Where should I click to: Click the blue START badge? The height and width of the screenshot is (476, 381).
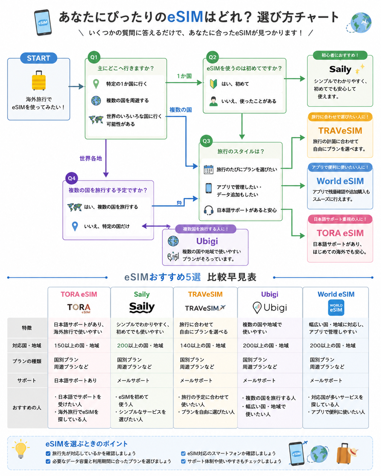[x=38, y=58]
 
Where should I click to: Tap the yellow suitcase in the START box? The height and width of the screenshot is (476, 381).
[x=39, y=80]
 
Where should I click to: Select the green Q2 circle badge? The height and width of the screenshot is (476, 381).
[x=213, y=57]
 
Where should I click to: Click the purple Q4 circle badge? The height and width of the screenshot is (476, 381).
[x=72, y=178]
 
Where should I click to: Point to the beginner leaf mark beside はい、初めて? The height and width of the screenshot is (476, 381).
[x=213, y=84]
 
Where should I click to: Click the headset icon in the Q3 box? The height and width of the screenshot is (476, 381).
[x=208, y=210]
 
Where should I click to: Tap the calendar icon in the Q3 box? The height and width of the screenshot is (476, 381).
[x=208, y=170]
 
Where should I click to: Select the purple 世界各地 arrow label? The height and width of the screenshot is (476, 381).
[x=91, y=158]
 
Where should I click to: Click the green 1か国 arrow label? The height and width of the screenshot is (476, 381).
[x=184, y=76]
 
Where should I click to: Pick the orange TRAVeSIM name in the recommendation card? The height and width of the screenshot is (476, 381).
[x=340, y=131]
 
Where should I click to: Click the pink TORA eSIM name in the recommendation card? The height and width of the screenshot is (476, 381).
[x=340, y=233]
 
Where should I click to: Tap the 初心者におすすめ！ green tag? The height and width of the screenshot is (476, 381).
[x=340, y=55]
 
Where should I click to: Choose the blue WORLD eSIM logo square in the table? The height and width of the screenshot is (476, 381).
[x=336, y=308]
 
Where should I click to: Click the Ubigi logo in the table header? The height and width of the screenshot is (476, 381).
[x=270, y=308]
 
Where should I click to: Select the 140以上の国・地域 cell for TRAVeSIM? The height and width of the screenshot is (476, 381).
[x=203, y=346]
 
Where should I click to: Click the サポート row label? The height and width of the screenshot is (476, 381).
[x=27, y=381]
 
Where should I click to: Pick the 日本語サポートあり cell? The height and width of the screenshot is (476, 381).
[x=75, y=381]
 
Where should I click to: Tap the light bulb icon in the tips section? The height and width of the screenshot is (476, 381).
[x=21, y=448]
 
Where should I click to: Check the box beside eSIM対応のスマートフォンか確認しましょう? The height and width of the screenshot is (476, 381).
[x=183, y=454]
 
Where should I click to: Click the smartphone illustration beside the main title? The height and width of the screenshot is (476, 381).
[x=43, y=22]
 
